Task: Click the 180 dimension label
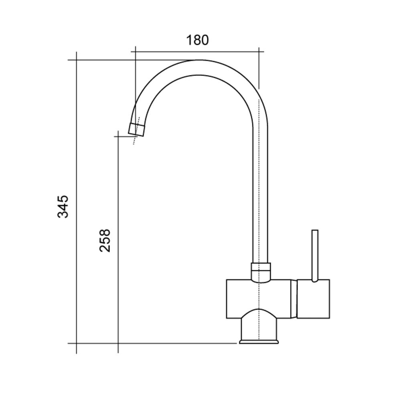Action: click(197, 40)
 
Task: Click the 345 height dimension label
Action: click(63, 207)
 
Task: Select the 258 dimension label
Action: click(105, 240)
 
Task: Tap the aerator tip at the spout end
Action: click(136, 130)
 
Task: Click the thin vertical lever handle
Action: click(315, 256)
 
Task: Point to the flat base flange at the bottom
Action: click(259, 342)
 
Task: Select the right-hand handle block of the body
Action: click(313, 299)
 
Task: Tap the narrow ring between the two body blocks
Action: click(294, 299)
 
